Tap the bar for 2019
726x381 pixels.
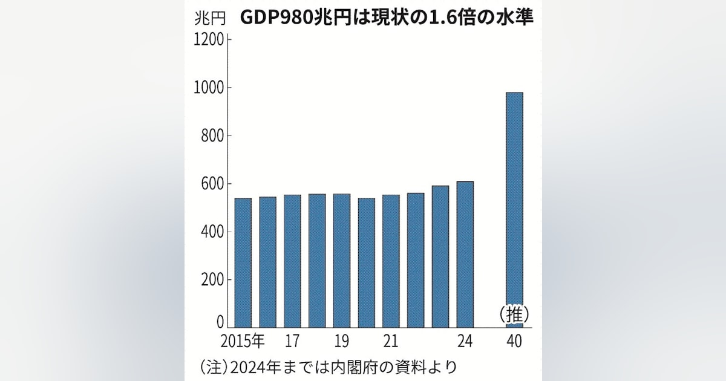pos(342,261)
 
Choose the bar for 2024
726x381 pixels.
pos(465,255)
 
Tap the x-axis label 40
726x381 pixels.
pos(514,342)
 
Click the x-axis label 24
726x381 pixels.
pos(465,342)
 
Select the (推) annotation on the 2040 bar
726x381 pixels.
pos(514,314)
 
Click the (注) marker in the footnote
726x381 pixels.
pos(211,366)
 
